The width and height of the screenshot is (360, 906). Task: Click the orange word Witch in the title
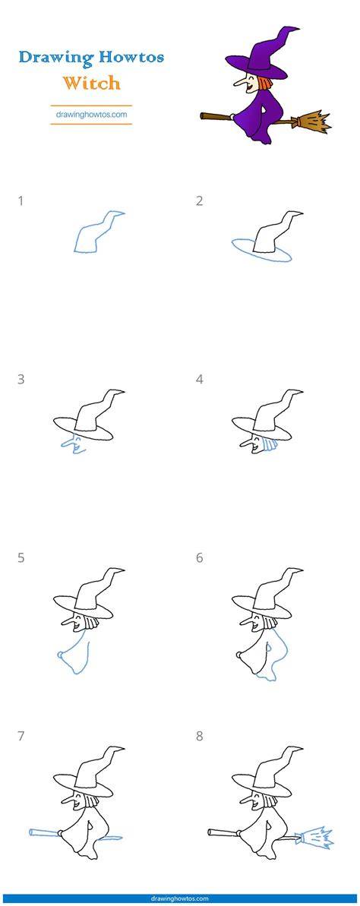[x=92, y=83]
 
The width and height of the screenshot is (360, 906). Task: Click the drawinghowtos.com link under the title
[x=91, y=115]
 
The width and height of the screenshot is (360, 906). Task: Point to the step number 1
[x=21, y=201]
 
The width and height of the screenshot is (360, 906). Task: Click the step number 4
[x=199, y=380]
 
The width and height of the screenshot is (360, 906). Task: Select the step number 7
[x=21, y=737]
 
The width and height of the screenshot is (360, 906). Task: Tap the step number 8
[x=199, y=737]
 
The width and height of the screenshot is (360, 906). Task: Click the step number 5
[x=21, y=558]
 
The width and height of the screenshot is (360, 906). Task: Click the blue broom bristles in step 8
[x=317, y=837]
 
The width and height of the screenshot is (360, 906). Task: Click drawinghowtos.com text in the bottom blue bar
[x=180, y=898]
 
